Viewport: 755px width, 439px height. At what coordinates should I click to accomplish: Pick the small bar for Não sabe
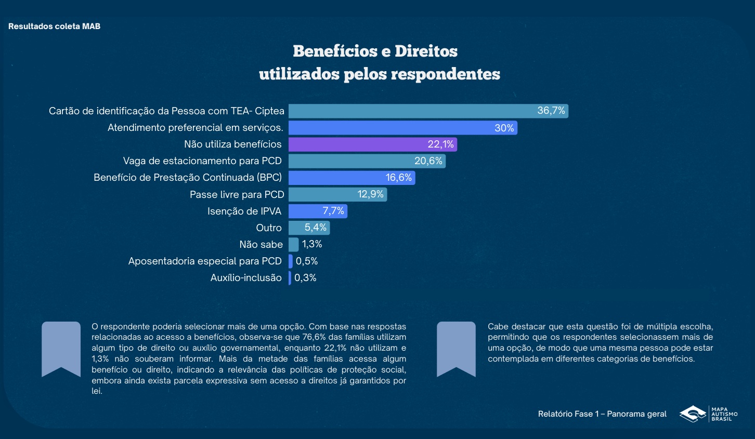coord(294,244)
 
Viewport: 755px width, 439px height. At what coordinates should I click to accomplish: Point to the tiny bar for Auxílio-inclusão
coord(290,278)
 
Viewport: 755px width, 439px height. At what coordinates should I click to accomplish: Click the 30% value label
coord(504,128)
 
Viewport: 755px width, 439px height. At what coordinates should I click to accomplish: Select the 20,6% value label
coord(428,161)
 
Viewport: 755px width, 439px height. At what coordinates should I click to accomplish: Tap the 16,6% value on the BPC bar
coord(398,178)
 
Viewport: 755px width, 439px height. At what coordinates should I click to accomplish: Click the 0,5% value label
coord(307,261)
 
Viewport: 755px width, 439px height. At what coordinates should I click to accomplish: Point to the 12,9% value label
coord(370,194)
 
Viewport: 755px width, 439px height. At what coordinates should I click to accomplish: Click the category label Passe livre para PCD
coord(237,195)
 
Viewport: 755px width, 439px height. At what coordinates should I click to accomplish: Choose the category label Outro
coord(269,228)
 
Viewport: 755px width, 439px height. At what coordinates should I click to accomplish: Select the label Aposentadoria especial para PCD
coord(205,261)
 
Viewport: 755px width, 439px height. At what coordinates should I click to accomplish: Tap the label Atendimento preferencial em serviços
coord(195,128)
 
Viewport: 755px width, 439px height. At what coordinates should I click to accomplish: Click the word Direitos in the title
coord(426,51)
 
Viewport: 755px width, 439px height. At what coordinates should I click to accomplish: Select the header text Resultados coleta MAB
coord(54,26)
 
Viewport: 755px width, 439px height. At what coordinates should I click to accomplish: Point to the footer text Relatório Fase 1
coord(568,414)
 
